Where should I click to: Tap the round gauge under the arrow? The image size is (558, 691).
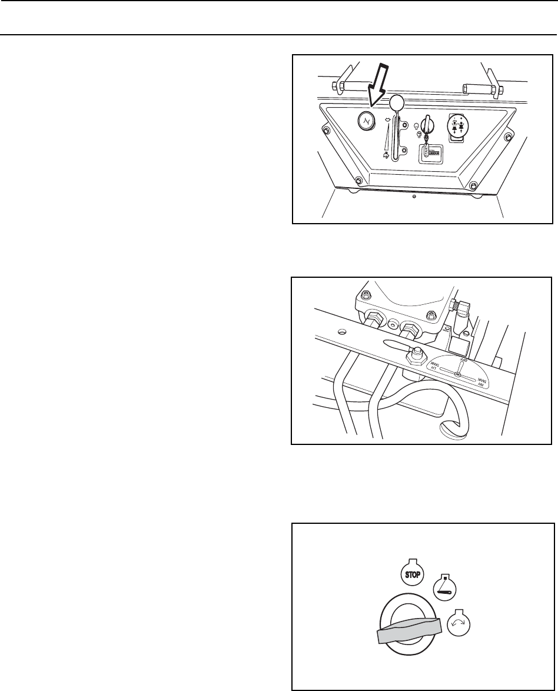366,122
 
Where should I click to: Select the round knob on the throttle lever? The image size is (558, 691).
398,103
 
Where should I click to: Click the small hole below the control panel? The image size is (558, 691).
414,197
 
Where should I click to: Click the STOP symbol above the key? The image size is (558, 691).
411,574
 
